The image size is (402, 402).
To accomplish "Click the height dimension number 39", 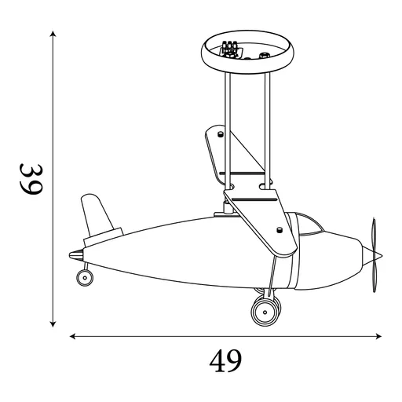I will (x=30, y=180).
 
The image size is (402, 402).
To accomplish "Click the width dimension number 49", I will (x=225, y=360).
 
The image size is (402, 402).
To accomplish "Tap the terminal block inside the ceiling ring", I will (x=229, y=49).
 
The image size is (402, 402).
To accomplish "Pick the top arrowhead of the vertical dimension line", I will (x=53, y=35).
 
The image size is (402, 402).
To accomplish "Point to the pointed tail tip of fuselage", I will (x=72, y=254).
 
